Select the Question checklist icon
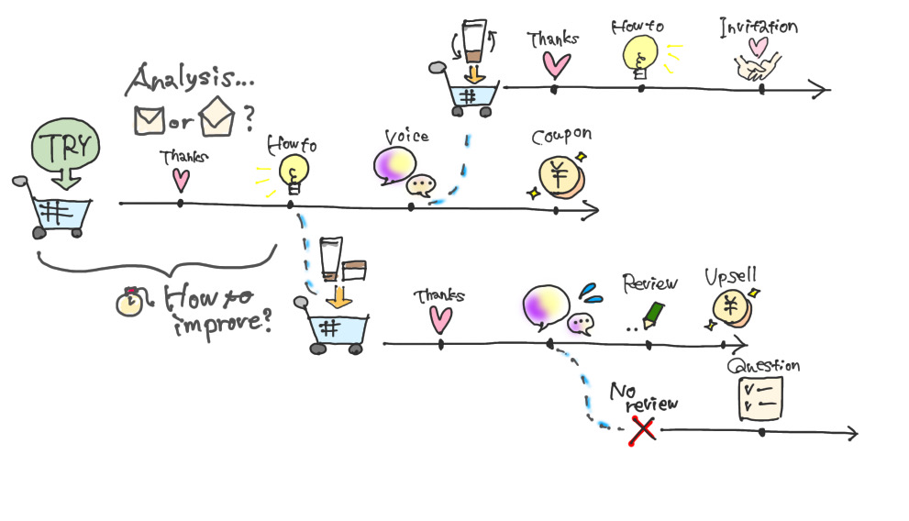pos(760,399)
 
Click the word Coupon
pos(561,136)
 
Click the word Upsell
pos(730,275)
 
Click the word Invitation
pos(758,26)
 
